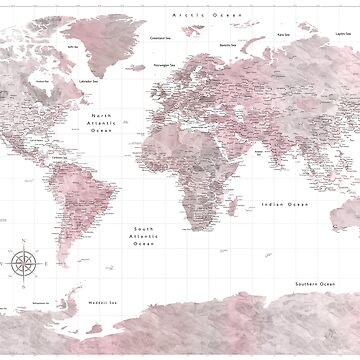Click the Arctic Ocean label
click(x=197, y=16)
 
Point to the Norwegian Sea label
click(x=165, y=62)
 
